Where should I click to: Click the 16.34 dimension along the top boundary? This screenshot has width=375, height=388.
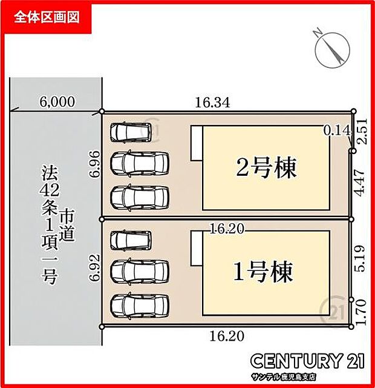pos(212,103)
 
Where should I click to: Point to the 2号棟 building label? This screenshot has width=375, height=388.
pos(266,168)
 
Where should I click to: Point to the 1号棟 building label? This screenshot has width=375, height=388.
pos(263,272)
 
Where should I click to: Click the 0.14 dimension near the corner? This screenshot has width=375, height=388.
pos(337,129)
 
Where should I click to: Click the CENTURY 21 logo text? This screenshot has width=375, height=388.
pos(308,362)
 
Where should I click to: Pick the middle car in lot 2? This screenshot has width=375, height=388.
pos(140,163)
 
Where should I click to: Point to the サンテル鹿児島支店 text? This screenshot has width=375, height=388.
pos(308,378)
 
